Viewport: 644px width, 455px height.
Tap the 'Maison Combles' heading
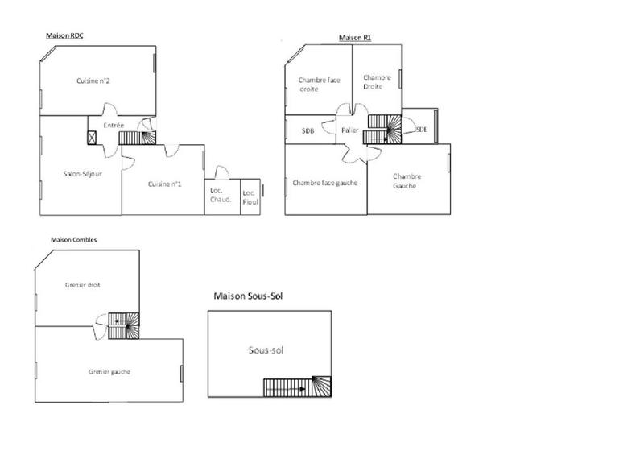[x=74, y=239]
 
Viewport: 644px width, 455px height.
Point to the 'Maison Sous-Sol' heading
[x=248, y=296]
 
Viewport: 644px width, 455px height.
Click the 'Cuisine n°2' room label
[x=93, y=81]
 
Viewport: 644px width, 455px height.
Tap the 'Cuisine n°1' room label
[x=165, y=184]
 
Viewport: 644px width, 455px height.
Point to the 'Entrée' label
[x=114, y=126]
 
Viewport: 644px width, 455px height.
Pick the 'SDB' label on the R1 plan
[x=308, y=130]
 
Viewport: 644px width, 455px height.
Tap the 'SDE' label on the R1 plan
[x=421, y=129]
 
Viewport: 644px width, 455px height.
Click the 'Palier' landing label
[x=349, y=130]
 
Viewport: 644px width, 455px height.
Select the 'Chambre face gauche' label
[x=325, y=183]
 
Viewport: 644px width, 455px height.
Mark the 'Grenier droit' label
[x=82, y=285]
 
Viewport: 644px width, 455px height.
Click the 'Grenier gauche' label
[x=109, y=371]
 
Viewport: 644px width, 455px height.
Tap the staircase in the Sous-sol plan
[x=297, y=387]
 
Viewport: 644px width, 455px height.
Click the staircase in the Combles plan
[x=124, y=321]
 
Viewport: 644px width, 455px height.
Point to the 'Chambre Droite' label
[x=377, y=82]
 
